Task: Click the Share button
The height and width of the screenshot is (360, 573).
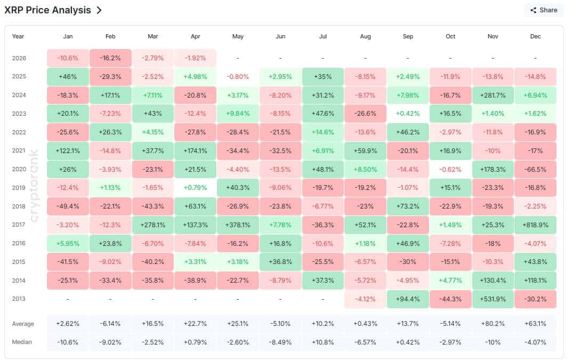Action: pyautogui.click(x=543, y=10)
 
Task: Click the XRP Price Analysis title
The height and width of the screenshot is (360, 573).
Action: pyautogui.click(x=47, y=10)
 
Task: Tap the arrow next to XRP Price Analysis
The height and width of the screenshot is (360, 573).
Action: pyautogui.click(x=99, y=10)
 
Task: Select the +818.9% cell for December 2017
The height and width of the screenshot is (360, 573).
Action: pyautogui.click(x=535, y=225)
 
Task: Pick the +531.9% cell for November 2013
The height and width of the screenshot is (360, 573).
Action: pyautogui.click(x=493, y=299)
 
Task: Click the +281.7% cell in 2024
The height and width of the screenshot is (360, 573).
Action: pyautogui.click(x=493, y=95)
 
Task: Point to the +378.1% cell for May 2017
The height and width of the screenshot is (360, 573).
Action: pyautogui.click(x=238, y=225)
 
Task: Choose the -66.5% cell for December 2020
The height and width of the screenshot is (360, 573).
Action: pyautogui.click(x=535, y=169)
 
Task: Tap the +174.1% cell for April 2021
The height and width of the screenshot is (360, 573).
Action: pyautogui.click(x=195, y=150)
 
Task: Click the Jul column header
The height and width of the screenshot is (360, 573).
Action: pyautogui.click(x=322, y=36)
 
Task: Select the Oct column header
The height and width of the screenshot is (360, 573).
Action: pyautogui.click(x=450, y=36)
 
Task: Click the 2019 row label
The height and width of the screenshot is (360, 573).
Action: pyautogui.click(x=19, y=188)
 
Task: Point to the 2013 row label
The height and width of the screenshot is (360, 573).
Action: pyautogui.click(x=19, y=299)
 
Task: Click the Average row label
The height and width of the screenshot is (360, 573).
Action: pyautogui.click(x=23, y=324)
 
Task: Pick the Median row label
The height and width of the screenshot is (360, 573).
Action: pyautogui.click(x=22, y=342)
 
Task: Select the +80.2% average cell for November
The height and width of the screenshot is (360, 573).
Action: pyautogui.click(x=493, y=324)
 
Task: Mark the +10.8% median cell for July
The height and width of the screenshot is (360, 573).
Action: pyautogui.click(x=322, y=342)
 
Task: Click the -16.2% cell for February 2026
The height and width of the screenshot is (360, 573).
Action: pyautogui.click(x=110, y=58)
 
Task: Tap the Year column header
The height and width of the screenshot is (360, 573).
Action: pyautogui.click(x=18, y=36)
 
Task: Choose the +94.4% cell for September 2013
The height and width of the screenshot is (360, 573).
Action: pyautogui.click(x=408, y=299)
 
